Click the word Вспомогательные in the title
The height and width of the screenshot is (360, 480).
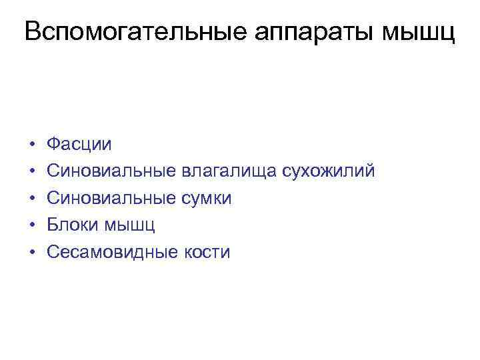pyautogui.click(x=125, y=31)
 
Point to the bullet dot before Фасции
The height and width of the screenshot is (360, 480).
pyautogui.click(x=31, y=145)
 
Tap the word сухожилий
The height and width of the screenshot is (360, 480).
pyautogui.click(x=329, y=171)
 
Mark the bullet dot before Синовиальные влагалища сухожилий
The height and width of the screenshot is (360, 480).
pyautogui.click(x=31, y=172)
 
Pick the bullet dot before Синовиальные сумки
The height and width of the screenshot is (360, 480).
pyautogui.click(x=31, y=199)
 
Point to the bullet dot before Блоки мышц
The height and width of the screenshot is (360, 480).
pyautogui.click(x=31, y=225)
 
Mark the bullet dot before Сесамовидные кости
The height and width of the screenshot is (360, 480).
pyautogui.click(x=31, y=253)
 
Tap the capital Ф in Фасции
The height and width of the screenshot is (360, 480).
pyautogui.click(x=53, y=144)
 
